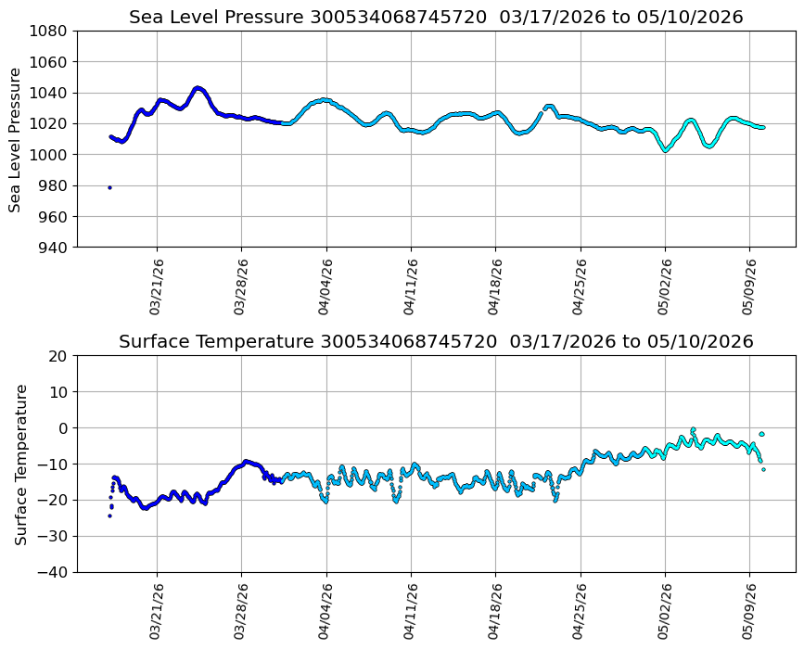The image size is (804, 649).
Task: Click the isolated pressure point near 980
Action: coord(109,187)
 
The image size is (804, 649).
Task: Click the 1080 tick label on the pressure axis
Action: coord(47,32)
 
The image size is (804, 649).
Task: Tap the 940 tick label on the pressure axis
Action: coord(53,248)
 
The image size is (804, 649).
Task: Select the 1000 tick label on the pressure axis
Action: coord(47,155)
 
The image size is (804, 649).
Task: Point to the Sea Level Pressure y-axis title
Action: coord(15,140)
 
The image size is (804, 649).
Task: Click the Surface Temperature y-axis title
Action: coord(20,465)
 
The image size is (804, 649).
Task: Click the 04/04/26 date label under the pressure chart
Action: coord(325,286)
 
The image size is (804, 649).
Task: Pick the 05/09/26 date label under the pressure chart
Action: coord(748,286)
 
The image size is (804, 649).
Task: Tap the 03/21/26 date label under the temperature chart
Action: coord(156,611)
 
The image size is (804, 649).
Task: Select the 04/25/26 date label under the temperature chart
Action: coord(580,611)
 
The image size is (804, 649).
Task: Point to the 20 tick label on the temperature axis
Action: coord(57,356)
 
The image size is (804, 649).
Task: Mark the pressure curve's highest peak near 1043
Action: coord(198,88)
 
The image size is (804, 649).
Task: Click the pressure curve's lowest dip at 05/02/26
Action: coord(666,150)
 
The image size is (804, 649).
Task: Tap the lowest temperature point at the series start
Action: coord(109,515)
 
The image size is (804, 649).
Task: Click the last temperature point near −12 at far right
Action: coord(763,469)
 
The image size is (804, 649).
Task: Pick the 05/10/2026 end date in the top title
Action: coord(690,18)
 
